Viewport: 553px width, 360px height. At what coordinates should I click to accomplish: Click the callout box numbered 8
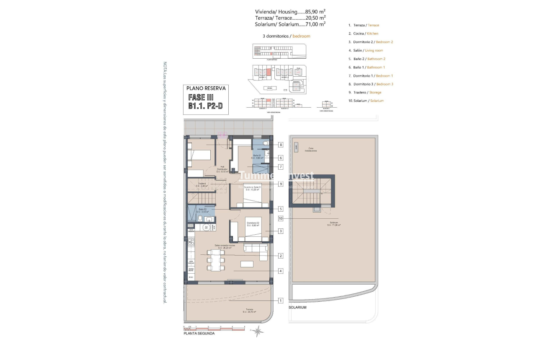[x=281, y=145]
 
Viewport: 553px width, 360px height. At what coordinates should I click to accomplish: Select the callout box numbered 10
[x=281, y=218]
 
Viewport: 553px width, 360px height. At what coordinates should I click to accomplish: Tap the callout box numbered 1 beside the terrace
[x=281, y=300]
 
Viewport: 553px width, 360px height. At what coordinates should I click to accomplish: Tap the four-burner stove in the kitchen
[x=191, y=241]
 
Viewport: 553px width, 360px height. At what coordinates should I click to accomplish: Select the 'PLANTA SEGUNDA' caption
[x=199, y=334]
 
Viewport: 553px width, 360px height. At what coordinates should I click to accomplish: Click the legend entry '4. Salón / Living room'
[x=365, y=50]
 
